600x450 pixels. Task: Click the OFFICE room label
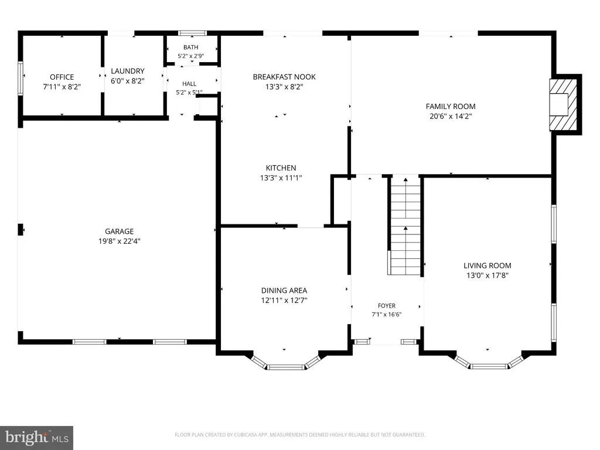click(x=62, y=77)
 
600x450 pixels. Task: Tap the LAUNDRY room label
click(x=128, y=71)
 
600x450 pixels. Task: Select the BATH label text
click(x=190, y=47)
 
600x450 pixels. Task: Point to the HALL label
click(x=189, y=83)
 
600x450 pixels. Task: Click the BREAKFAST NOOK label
click(x=284, y=77)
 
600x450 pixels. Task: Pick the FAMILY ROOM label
click(x=451, y=107)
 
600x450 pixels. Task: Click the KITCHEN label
click(x=281, y=168)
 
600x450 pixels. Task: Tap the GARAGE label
click(x=120, y=231)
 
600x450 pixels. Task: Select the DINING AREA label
click(x=284, y=291)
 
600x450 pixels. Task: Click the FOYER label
click(x=387, y=306)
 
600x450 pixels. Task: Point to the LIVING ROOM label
click(x=487, y=265)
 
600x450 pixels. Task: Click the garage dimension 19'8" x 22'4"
click(x=120, y=241)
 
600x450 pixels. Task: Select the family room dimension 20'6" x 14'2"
click(x=451, y=117)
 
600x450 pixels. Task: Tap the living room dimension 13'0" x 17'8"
click(x=487, y=275)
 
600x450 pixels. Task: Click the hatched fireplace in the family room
click(x=563, y=104)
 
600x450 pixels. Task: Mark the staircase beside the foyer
click(x=405, y=226)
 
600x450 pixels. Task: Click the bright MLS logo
click(x=37, y=438)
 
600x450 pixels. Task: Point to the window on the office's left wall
click(x=21, y=78)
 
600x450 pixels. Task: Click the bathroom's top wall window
click(x=193, y=33)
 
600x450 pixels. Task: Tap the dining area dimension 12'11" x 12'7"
click(x=284, y=301)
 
